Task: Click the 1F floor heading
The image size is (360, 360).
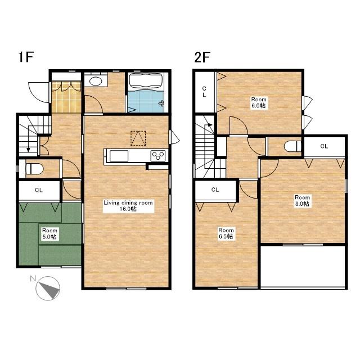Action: click(26, 57)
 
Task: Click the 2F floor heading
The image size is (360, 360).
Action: click(202, 57)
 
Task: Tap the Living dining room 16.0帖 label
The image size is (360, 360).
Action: click(128, 206)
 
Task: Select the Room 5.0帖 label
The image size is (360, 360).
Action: click(49, 234)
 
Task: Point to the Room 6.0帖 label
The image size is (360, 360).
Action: click(259, 102)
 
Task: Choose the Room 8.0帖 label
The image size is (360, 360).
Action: click(302, 200)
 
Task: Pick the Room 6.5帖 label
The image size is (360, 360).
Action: click(226, 233)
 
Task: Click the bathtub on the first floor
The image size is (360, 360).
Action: click(146, 80)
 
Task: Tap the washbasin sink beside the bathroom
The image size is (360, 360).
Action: click(96, 81)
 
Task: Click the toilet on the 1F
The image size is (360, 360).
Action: click(34, 169)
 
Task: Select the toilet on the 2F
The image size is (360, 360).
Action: click(292, 146)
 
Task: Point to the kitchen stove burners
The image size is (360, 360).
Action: click(158, 156)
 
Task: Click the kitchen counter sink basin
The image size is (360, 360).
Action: click(119, 156)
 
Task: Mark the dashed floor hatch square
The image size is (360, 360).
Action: click(138, 138)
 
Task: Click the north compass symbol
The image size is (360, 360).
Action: click(48, 289)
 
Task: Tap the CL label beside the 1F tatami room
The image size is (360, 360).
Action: click(39, 190)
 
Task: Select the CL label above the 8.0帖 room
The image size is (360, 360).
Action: click(324, 146)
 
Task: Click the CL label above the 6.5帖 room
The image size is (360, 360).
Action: click(215, 190)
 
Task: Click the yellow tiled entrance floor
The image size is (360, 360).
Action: click(66, 97)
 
